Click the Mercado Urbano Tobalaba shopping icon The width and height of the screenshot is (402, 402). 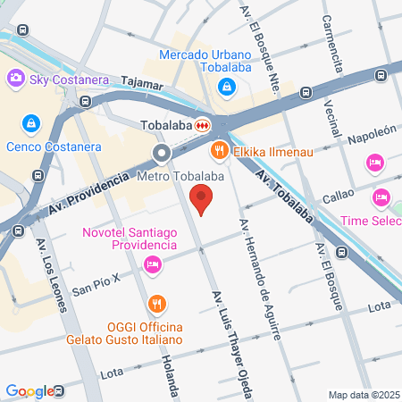pos(227,87)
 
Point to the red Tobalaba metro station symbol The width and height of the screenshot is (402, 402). pos(204,125)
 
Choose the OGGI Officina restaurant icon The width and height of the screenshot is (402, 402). pos(157,303)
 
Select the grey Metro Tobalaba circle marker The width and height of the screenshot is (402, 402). pos(162,154)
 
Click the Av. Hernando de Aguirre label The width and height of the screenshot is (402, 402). pos(258,277)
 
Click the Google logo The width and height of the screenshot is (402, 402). pos(29,390)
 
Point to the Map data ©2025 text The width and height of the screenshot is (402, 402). pos(363,394)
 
